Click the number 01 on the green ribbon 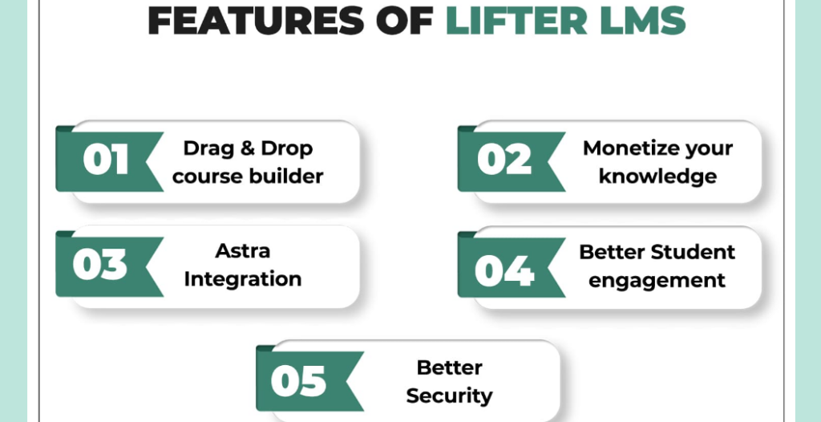[x=105, y=160]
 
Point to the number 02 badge [x=504, y=160]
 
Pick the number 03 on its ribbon [x=100, y=264]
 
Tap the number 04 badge [x=504, y=270]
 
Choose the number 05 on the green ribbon [x=298, y=380]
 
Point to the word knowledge [x=657, y=177]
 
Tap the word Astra [x=242, y=250]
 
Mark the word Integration [x=242, y=279]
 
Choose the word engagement [x=657, y=281]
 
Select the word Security [x=449, y=396]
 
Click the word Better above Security [x=449, y=367]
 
